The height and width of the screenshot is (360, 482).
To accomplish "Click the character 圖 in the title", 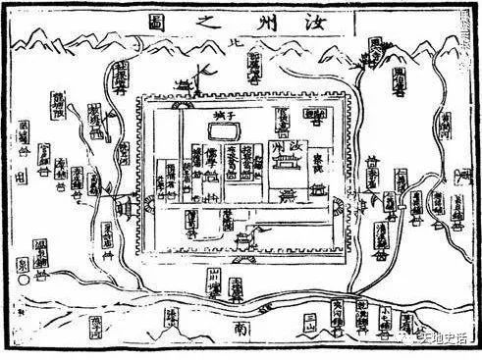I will click(157, 22).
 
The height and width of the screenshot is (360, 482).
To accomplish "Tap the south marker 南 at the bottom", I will click(241, 336).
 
